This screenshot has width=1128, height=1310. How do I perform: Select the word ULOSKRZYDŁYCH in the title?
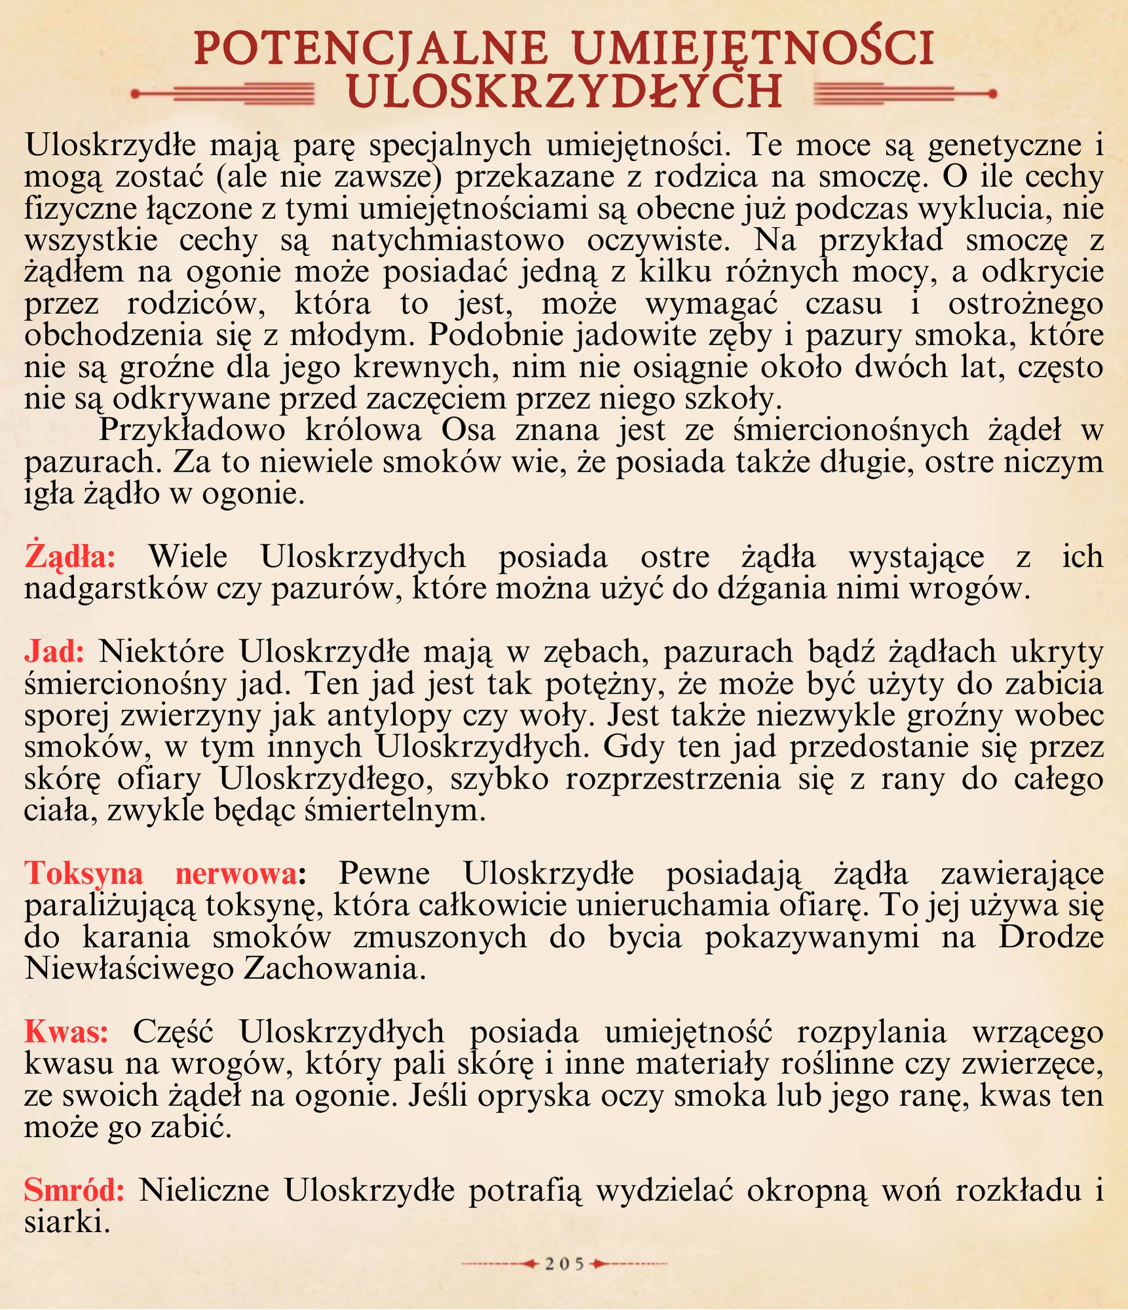pos(564,91)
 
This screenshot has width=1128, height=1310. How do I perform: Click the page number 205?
pos(564,1263)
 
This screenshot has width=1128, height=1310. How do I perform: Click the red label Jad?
pos(54,652)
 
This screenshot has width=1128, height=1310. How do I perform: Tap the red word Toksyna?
pos(84,874)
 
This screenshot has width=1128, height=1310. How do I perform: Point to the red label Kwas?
pos(66,1032)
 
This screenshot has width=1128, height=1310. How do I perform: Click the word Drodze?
pos(1051,937)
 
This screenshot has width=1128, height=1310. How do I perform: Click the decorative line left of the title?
pos(223,94)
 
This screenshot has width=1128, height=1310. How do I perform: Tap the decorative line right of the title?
pos(904,94)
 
